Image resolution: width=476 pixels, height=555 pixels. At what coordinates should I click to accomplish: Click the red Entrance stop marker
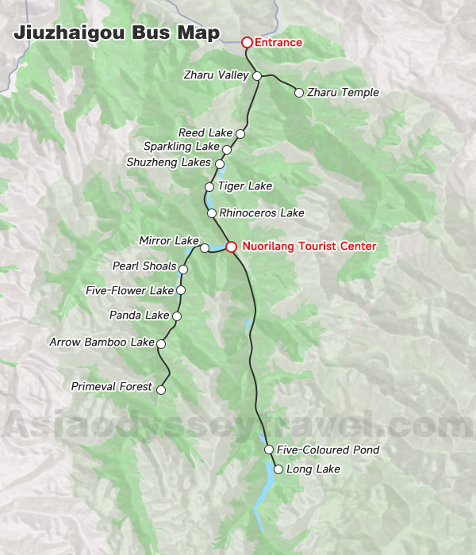[x=247, y=42]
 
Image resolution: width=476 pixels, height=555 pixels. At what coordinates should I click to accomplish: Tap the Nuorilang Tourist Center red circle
[x=231, y=247]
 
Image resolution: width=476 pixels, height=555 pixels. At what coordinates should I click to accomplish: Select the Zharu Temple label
[x=343, y=93]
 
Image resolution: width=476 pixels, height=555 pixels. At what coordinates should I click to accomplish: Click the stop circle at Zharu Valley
[x=257, y=76]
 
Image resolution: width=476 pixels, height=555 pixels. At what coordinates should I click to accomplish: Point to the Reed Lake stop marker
[x=240, y=134]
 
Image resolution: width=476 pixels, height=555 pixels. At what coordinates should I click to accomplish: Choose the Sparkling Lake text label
[x=181, y=147]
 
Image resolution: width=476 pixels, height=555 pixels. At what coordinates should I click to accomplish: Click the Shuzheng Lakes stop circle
[x=220, y=164]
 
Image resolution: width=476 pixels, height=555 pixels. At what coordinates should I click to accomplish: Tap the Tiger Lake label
[x=244, y=186]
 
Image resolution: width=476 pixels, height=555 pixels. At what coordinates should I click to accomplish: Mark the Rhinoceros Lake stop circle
[x=211, y=213]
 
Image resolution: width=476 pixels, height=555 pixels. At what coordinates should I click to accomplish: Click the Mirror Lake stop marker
[x=204, y=248]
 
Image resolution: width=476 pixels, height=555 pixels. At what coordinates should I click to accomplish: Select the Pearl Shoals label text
[x=144, y=266]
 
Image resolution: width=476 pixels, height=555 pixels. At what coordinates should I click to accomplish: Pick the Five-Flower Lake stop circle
[x=181, y=291]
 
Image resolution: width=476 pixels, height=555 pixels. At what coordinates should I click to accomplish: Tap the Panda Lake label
[x=140, y=316]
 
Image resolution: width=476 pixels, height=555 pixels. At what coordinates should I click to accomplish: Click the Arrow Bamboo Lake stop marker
[x=161, y=343]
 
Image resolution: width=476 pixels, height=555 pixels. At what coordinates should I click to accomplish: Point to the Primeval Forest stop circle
[x=161, y=389]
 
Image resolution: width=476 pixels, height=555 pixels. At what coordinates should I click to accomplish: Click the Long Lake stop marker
[x=278, y=469]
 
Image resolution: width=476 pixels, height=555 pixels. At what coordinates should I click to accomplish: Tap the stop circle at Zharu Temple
[x=298, y=93]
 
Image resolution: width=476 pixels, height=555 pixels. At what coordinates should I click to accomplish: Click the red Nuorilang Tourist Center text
[x=309, y=247]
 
